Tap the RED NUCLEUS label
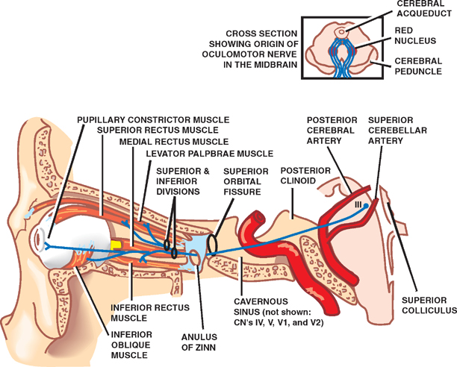click(x=414, y=37)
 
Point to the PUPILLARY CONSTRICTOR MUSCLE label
click(x=152, y=119)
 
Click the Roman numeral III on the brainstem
click(x=357, y=203)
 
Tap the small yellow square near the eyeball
click(x=116, y=245)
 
